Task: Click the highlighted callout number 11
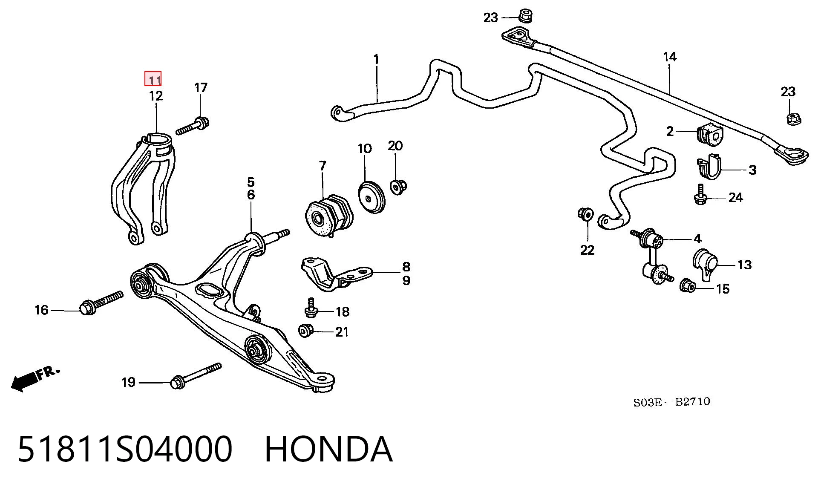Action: pyautogui.click(x=153, y=79)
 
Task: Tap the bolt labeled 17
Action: pyautogui.click(x=193, y=126)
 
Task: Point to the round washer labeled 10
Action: pyautogui.click(x=371, y=197)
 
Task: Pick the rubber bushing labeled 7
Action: pyautogui.click(x=329, y=216)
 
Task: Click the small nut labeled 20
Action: pyautogui.click(x=398, y=187)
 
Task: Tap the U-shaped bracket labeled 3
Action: pyautogui.click(x=709, y=167)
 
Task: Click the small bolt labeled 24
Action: pyautogui.click(x=700, y=194)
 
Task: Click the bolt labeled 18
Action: pyautogui.click(x=311, y=308)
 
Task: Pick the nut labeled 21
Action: pyautogui.click(x=306, y=331)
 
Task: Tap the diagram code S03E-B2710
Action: pyautogui.click(x=671, y=402)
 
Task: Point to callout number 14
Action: pyautogui.click(x=670, y=57)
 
